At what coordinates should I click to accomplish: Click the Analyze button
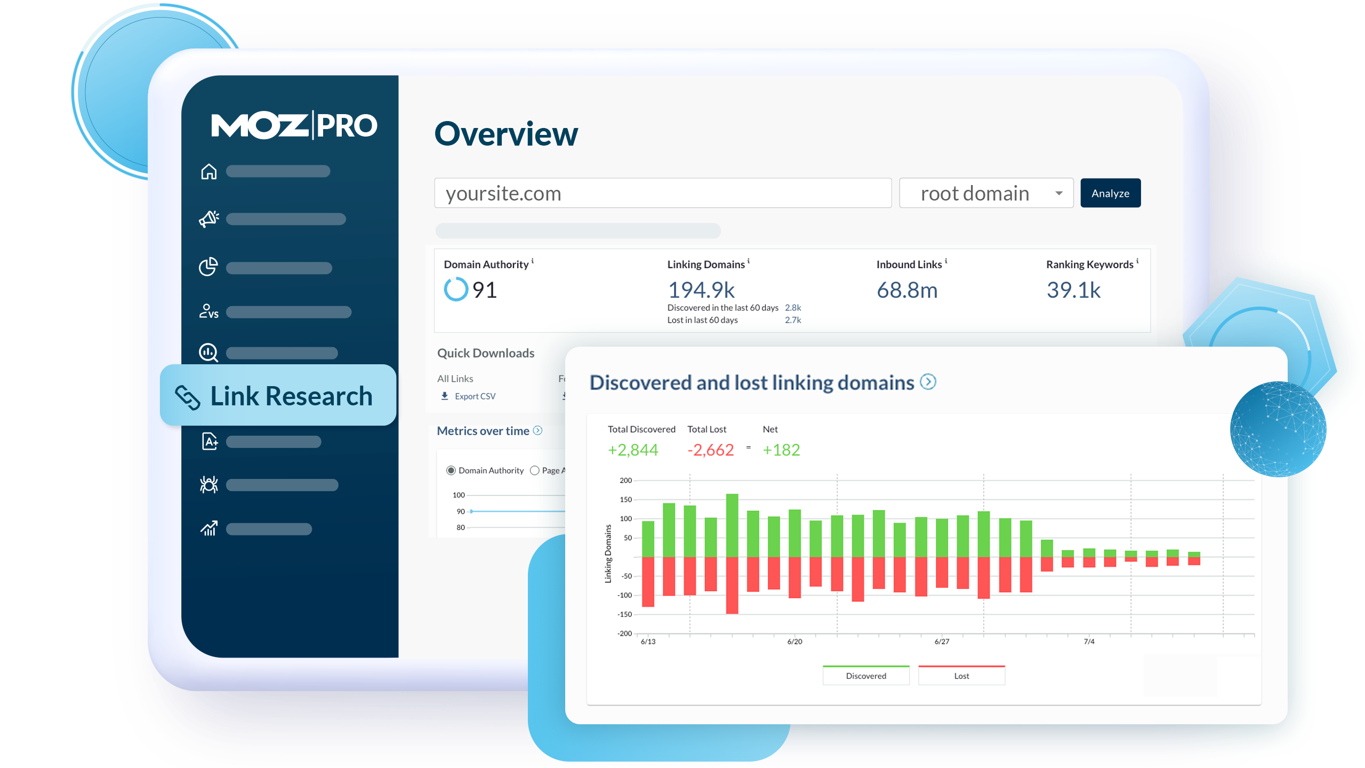[x=1110, y=193]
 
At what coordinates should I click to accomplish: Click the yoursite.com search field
[x=662, y=193]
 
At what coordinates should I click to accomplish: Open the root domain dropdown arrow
[x=1059, y=193]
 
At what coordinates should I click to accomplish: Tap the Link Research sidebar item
[x=278, y=396]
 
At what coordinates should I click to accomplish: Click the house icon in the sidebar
[x=209, y=172]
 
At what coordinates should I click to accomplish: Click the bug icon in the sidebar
[x=209, y=484]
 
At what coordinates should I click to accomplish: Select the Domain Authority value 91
[x=484, y=290]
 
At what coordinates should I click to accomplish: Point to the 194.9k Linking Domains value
[x=701, y=290]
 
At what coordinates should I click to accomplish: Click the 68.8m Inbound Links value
[x=907, y=290]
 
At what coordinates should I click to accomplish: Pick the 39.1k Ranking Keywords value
[x=1073, y=290]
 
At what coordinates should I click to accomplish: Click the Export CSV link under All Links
[x=475, y=396]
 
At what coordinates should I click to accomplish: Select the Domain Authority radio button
[x=451, y=470]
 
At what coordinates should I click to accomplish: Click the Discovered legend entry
[x=866, y=676]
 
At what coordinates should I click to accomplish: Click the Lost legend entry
[x=961, y=676]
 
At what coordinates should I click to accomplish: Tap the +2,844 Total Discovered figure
[x=633, y=450]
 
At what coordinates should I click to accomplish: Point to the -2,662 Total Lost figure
[x=711, y=450]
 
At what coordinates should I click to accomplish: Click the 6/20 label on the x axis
[x=794, y=642]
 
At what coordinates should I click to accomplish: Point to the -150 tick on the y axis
[x=624, y=614]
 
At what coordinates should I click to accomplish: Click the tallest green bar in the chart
[x=732, y=525]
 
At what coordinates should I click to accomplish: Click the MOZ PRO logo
[x=294, y=126]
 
